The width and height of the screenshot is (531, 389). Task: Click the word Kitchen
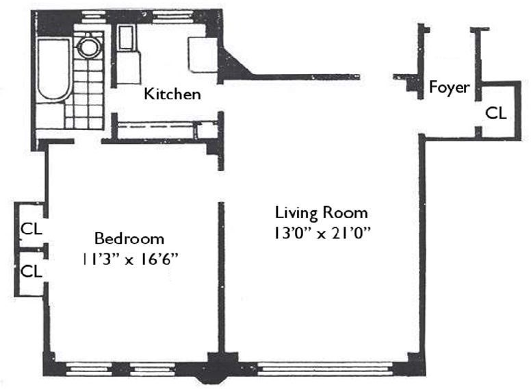click(172, 94)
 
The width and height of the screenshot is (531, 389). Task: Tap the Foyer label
click(449, 88)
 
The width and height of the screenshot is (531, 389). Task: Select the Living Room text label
click(321, 212)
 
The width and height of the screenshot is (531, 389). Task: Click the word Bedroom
click(129, 239)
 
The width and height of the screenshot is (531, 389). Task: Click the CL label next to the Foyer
click(496, 113)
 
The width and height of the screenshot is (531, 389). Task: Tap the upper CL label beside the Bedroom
click(31, 229)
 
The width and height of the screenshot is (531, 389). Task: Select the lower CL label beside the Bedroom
click(31, 271)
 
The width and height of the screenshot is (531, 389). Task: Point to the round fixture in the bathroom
click(88, 47)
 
